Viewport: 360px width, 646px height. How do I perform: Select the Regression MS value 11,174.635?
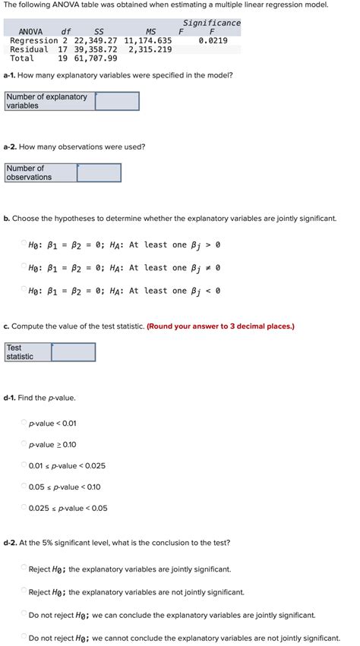pyautogui.click(x=147, y=40)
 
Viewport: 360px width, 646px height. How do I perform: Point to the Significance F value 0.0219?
pyautogui.click(x=212, y=40)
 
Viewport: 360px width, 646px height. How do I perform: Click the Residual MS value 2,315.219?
pyautogui.click(x=150, y=49)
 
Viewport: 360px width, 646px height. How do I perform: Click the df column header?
pyautogui.click(x=66, y=31)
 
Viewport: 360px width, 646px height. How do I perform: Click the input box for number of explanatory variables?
pyautogui.click(x=117, y=101)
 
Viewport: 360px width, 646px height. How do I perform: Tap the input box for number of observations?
pyautogui.click(x=99, y=172)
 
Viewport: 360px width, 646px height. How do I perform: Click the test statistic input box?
pyautogui.click(x=74, y=352)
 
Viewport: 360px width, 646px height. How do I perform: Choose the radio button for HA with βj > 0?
pyautogui.click(x=23, y=244)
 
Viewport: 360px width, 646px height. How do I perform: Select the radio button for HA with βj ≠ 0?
pyautogui.click(x=23, y=267)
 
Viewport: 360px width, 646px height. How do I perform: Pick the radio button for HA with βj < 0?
pyautogui.click(x=23, y=291)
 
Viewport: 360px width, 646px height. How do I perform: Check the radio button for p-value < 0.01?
pyautogui.click(x=24, y=423)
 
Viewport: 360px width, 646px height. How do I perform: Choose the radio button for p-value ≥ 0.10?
pyautogui.click(x=24, y=444)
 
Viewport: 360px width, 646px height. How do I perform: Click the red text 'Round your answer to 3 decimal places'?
pyautogui.click(x=221, y=326)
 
